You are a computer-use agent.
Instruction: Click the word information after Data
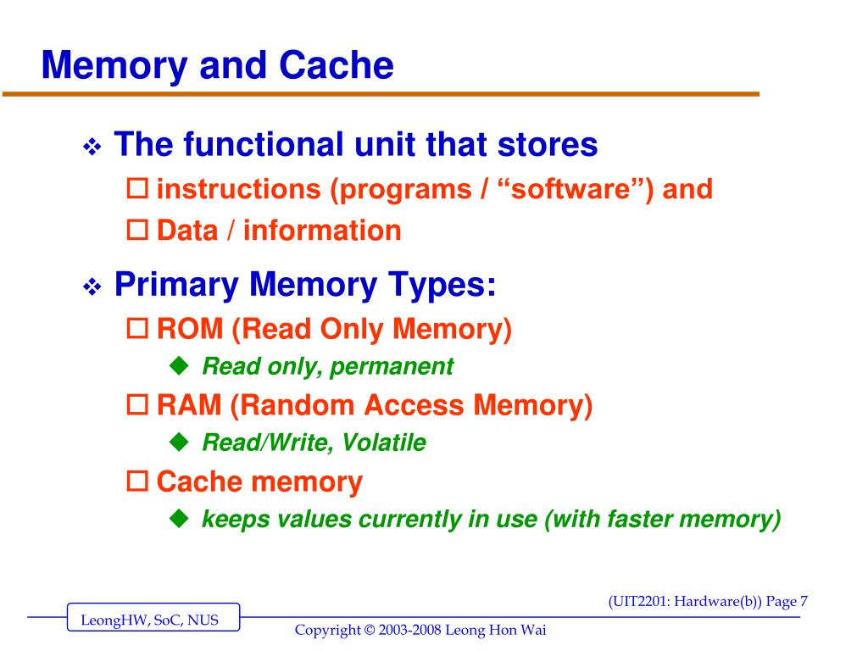pos(322,231)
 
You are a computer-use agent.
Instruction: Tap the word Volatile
pos(389,442)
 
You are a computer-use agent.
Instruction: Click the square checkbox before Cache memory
pos(136,483)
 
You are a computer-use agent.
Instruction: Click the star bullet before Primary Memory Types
pos(92,288)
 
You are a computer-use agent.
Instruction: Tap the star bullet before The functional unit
pos(92,147)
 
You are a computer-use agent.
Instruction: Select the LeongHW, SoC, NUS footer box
pos(153,619)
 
